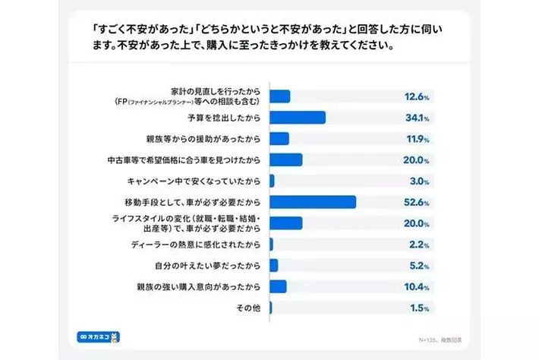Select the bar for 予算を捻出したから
tap(297, 118)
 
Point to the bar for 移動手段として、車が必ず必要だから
tap(313, 202)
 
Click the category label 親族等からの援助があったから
tap(205, 139)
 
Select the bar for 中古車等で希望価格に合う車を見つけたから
tap(285, 159)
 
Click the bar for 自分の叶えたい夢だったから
tap(273, 265)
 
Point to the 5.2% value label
tap(418, 265)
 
